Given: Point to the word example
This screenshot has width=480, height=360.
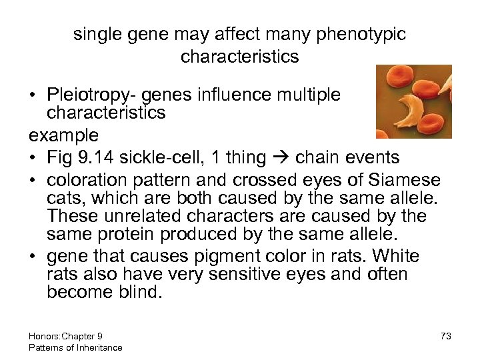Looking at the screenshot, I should point(64,135).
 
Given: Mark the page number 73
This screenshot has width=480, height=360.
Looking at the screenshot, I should point(445,336).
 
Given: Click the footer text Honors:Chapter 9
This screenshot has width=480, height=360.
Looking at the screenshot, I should point(65,336).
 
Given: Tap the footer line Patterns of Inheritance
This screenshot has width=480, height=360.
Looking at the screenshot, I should point(75,347).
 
